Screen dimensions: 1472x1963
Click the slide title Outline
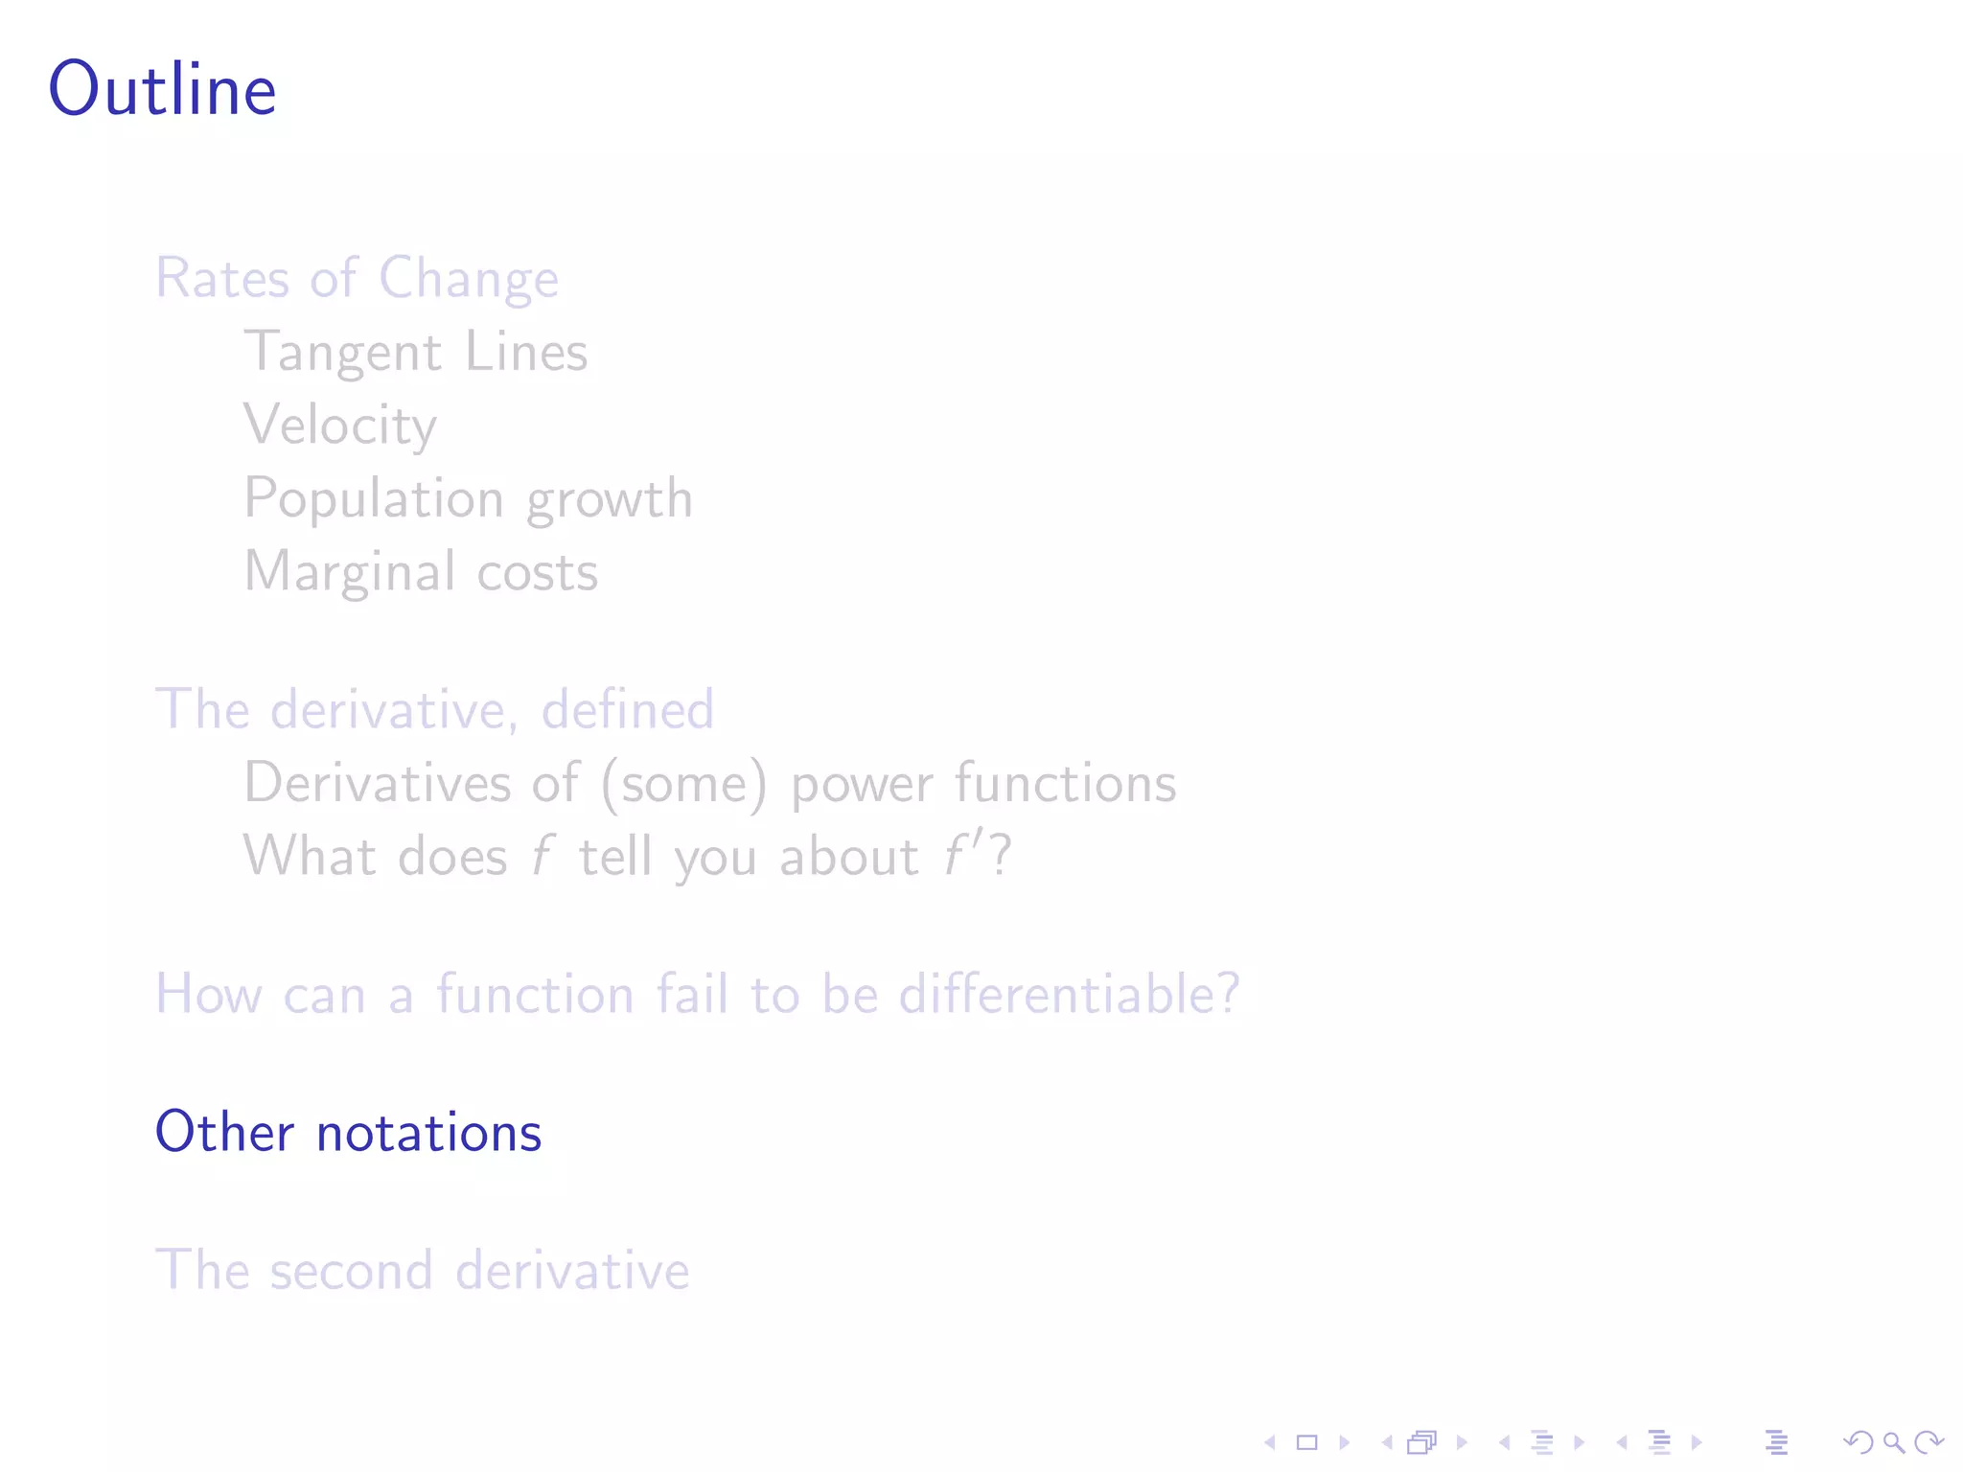coord(163,89)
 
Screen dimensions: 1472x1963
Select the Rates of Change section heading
coord(357,279)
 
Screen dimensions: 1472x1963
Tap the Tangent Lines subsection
coord(415,353)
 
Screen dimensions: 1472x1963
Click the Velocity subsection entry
coord(340,425)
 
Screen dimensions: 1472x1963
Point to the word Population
coord(374,499)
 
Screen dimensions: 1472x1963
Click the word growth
coord(610,499)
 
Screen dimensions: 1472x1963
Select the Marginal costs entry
coord(421,572)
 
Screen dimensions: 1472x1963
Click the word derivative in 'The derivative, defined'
coord(394,710)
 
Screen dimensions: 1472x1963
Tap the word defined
coord(628,710)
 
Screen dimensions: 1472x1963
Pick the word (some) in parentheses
coord(684,784)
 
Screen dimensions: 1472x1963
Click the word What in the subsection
coord(309,856)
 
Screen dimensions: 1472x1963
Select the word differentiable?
coord(1069,994)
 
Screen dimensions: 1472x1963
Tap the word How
coord(209,995)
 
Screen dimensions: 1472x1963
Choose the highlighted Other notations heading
coord(348,1133)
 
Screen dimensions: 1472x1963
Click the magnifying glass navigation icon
coord(1894,1442)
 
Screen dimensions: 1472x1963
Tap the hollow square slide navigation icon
coord(1306,1442)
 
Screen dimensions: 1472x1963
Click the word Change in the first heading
coord(468,279)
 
